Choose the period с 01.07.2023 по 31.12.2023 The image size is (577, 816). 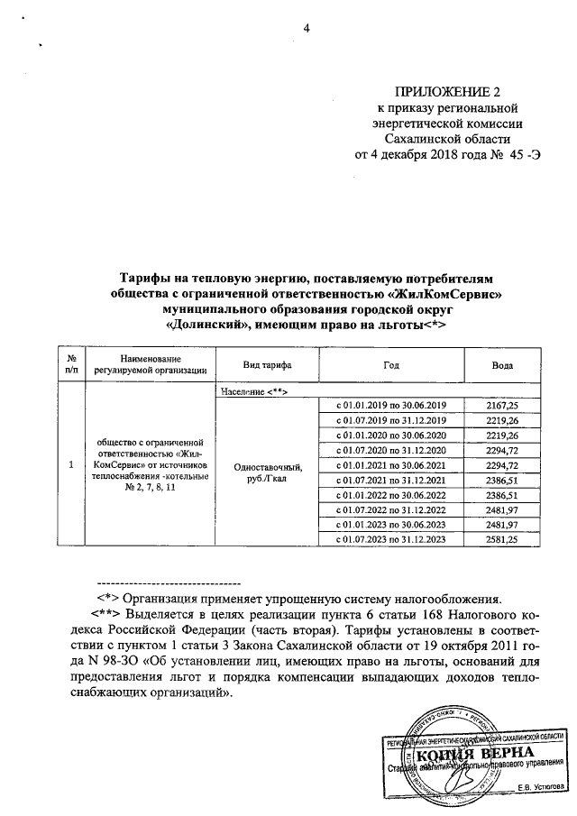point(390,538)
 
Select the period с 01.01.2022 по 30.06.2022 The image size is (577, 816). point(390,494)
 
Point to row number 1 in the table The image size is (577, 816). point(71,464)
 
